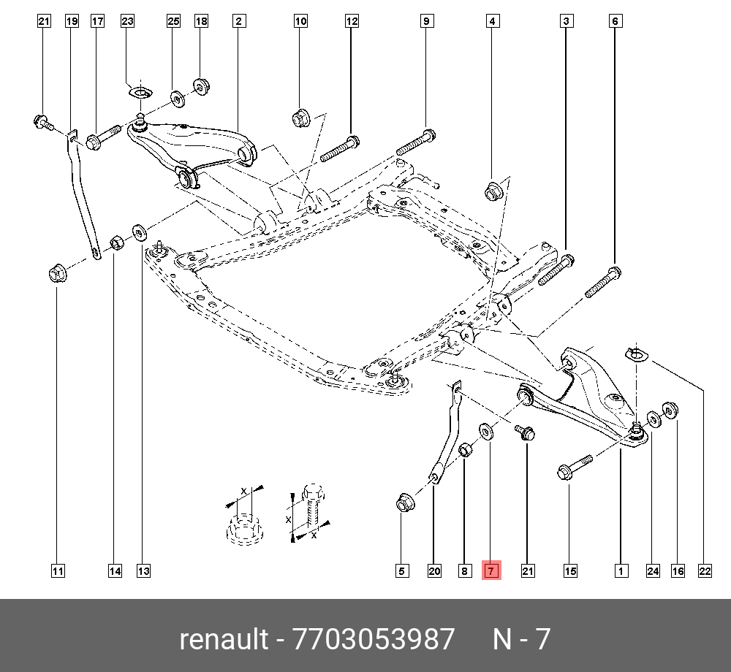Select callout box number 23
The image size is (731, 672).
128,22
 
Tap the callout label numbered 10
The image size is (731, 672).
301,22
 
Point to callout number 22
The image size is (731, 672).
705,571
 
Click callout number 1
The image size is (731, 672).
621,571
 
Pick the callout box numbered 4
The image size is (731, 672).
493,22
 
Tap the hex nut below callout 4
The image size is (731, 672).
493,193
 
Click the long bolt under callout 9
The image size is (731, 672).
416,142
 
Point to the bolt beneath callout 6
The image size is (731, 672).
603,283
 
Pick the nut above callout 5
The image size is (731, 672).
403,503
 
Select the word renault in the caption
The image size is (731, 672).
224,639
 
